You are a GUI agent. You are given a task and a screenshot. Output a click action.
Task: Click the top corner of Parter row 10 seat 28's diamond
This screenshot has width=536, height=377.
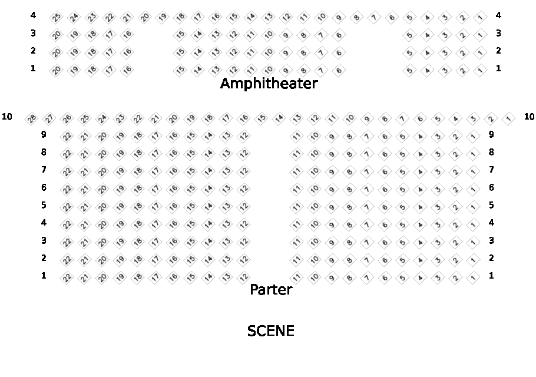[x=31, y=112]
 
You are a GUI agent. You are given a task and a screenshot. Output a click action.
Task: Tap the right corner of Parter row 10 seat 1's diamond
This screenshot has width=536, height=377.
[x=515, y=119]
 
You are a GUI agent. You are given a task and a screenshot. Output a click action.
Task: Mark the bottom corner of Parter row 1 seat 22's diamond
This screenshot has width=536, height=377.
[x=67, y=285]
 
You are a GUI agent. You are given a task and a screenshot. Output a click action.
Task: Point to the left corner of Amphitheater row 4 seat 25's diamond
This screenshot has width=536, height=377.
[x=49, y=17]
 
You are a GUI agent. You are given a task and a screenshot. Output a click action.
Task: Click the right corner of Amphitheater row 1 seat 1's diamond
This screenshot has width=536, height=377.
[x=487, y=71]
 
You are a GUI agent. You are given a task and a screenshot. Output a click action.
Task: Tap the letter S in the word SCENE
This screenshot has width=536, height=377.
[x=252, y=331]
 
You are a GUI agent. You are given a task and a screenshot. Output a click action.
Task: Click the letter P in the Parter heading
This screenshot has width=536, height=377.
[x=254, y=289]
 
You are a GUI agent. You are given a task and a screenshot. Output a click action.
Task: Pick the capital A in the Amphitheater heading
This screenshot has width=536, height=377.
[x=226, y=83]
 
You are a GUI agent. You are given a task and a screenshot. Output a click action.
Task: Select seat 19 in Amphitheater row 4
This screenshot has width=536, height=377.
[x=163, y=17]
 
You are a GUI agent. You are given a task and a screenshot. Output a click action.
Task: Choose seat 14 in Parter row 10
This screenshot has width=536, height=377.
[x=279, y=119]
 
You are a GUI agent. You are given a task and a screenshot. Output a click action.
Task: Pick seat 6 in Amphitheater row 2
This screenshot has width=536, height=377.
[x=339, y=52]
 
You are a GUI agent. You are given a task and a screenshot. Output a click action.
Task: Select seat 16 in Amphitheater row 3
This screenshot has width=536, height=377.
[x=127, y=35]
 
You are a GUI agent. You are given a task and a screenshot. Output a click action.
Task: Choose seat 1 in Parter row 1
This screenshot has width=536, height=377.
[x=473, y=277]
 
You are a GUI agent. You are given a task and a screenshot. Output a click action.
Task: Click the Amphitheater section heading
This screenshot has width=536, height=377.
[x=269, y=83]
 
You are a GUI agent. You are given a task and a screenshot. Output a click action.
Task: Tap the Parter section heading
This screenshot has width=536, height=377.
[x=271, y=289]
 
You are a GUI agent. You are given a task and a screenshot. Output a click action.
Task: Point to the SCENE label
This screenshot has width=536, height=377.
[x=271, y=331]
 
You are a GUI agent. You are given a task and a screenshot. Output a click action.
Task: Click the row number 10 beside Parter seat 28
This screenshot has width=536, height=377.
[x=7, y=117]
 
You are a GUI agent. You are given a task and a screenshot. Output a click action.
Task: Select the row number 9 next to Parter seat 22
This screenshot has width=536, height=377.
[x=44, y=134]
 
